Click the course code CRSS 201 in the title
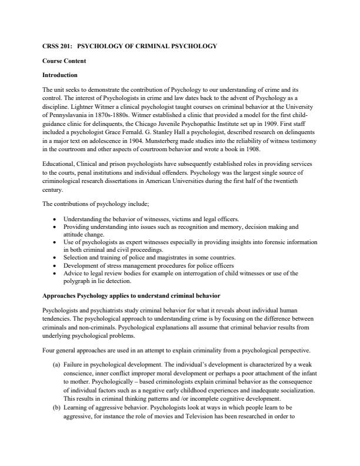pyautogui.click(x=58, y=46)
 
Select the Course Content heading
pyautogui.click(x=65, y=61)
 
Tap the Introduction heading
pyautogui.click(x=61, y=75)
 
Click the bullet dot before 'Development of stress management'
pyautogui.click(x=55, y=265)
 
